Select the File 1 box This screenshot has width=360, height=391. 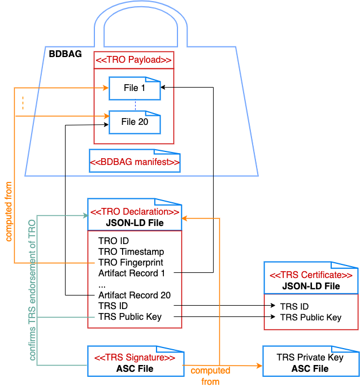pos(135,88)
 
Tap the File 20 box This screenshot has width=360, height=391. pos(135,121)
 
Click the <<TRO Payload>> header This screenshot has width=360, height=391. pos(133,60)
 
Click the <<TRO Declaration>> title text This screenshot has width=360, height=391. pos(135,212)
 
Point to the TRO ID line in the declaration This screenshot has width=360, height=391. pos(114,241)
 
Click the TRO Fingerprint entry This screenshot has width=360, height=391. pos(131,262)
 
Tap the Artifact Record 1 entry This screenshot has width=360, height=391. pos(132,273)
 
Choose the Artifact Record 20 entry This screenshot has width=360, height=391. pos(134,295)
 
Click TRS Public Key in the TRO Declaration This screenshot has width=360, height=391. pos(129,316)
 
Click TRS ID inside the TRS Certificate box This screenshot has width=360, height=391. pos(294,306)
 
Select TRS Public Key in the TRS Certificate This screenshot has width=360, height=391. pos(310,317)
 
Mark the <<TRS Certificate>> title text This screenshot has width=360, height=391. pos(311,275)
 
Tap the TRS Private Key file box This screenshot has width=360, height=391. pos(310,363)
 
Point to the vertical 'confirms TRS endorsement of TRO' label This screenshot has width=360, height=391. pos(32,291)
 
